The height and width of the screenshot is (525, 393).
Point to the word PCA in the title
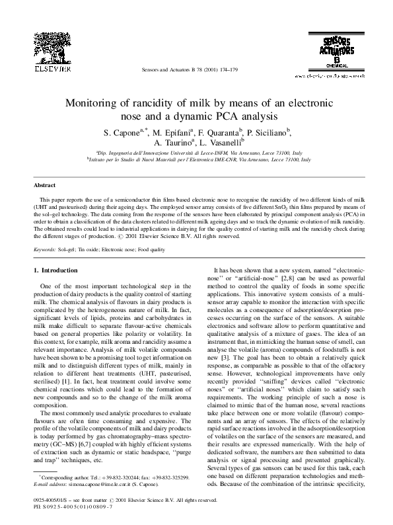(248, 116)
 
